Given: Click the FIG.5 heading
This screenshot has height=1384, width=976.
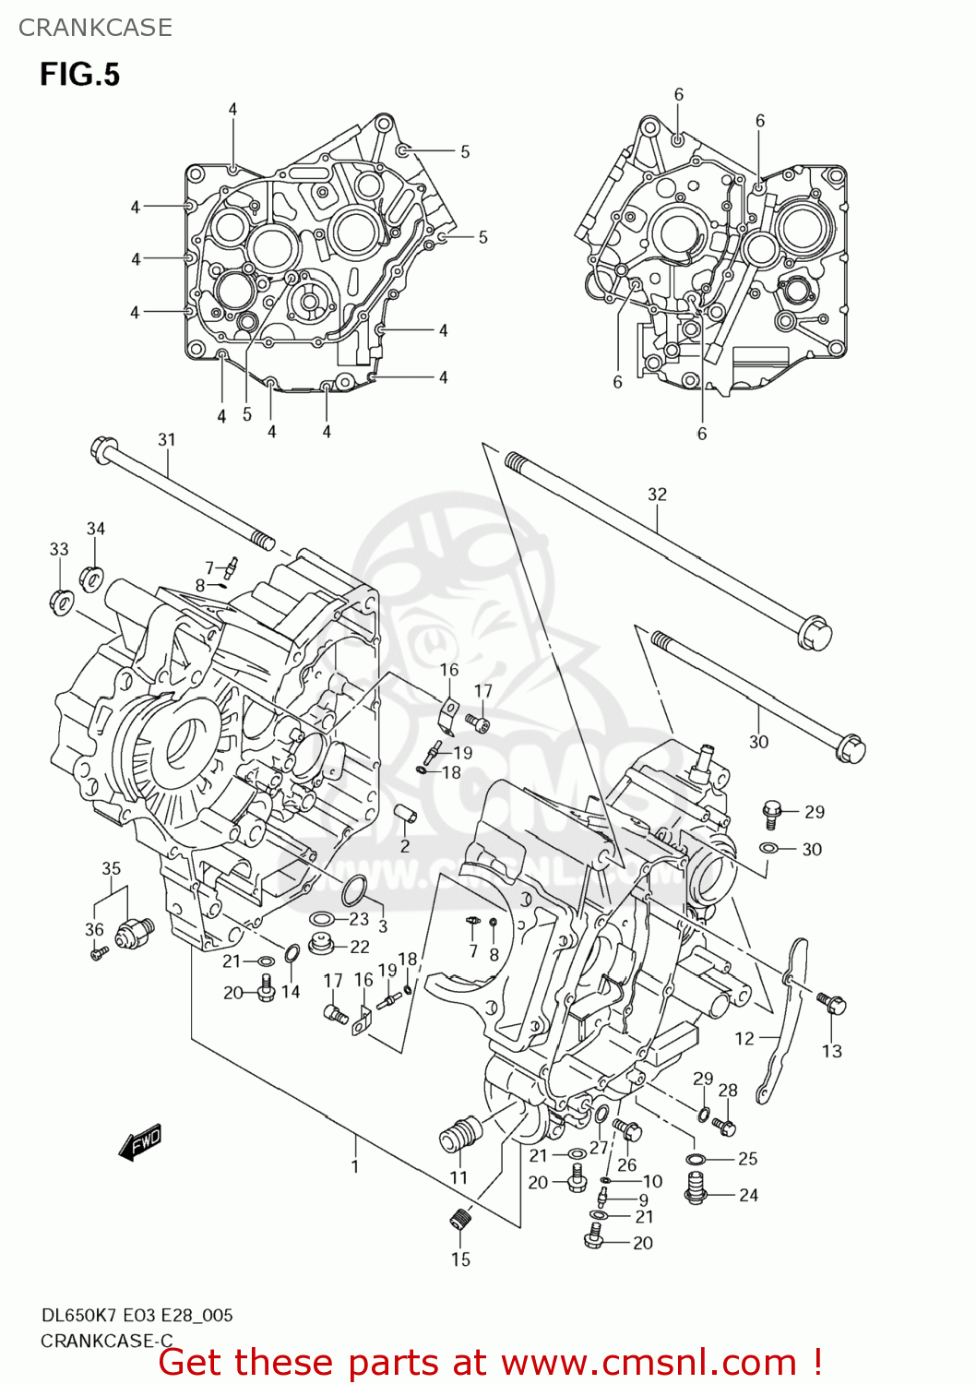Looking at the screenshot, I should (x=79, y=74).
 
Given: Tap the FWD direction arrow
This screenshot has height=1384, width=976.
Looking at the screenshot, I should (x=140, y=1141).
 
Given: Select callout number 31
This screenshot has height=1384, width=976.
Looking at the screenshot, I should (x=166, y=439).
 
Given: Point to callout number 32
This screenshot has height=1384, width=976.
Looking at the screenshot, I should (x=657, y=494).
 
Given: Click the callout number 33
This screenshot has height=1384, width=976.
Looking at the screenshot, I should (x=59, y=549).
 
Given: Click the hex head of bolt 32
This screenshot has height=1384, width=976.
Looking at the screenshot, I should (x=816, y=634).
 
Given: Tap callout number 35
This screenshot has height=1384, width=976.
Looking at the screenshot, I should (x=111, y=868).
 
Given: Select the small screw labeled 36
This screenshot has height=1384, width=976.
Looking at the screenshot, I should (x=99, y=952).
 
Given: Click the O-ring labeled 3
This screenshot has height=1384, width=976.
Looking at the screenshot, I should (x=354, y=892).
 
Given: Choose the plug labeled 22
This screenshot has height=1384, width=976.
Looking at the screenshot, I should (x=322, y=945).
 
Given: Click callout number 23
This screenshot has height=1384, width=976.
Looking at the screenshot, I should (x=359, y=919).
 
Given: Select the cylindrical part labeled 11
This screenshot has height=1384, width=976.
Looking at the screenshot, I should (x=458, y=1132).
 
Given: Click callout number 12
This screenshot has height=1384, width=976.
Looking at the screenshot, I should (x=744, y=1038).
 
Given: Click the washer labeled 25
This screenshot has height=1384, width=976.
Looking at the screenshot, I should (x=696, y=1159).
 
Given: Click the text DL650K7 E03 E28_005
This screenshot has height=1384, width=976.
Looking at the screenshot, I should (x=137, y=1315).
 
